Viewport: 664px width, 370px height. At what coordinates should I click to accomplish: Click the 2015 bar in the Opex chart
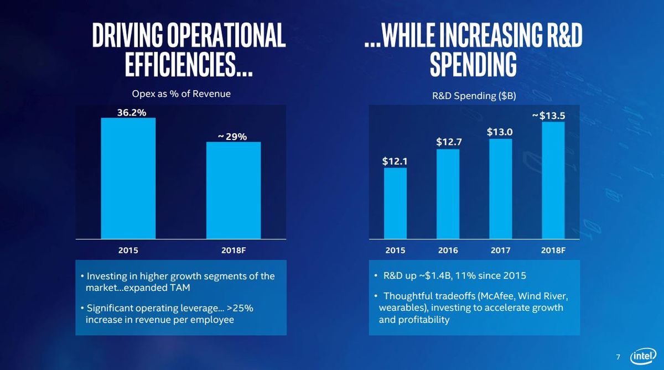pos(128,178)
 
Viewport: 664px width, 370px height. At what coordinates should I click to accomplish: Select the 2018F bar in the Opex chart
pos(234,190)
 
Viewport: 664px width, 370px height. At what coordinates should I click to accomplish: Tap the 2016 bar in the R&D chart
pos(448,194)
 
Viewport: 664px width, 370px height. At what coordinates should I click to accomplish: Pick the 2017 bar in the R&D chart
pos(501,189)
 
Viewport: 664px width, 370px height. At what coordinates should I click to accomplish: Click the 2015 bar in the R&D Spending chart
pos(396,203)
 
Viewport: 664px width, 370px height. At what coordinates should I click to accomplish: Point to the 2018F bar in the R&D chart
pos(553,180)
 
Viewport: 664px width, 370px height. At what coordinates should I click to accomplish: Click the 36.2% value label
pos(132,113)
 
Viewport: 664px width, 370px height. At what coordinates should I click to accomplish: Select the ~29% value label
pos(232,137)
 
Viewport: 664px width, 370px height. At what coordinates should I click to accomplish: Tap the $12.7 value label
pos(449,142)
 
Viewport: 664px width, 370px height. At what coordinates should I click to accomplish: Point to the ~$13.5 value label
pos(549,116)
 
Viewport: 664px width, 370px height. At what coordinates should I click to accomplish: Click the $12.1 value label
pos(395,161)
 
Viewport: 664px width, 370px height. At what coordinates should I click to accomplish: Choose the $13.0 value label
pos(500,132)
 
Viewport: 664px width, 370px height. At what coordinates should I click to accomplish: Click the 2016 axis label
pos(448,251)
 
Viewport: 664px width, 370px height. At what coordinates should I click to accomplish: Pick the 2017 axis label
pos(500,251)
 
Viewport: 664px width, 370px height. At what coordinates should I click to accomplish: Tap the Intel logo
pos(643,356)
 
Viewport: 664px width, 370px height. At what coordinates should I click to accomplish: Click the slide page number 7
pos(618,357)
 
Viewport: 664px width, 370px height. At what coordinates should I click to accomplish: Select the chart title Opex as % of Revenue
pos(181,94)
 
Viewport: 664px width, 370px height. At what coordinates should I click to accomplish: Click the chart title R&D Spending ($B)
pos(474,96)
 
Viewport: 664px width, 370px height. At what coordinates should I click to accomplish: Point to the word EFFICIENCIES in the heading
pos(180,65)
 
